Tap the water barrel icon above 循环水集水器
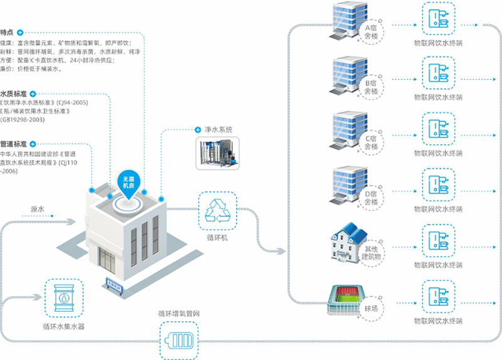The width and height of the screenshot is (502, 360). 63,300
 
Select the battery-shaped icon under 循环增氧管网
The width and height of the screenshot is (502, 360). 183,341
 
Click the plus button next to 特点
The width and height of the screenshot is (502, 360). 21,32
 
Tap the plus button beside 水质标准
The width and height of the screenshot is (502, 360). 33,93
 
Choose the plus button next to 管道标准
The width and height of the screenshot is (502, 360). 33,144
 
